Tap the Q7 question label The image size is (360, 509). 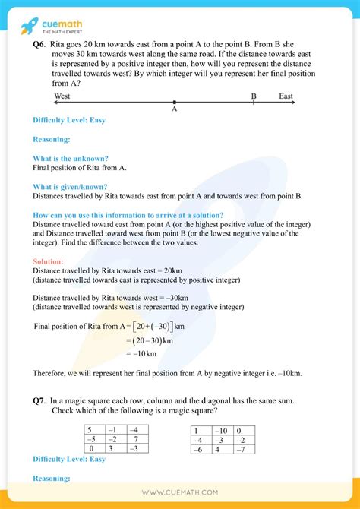click(x=40, y=400)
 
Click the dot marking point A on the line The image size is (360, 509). click(x=175, y=102)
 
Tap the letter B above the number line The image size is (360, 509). click(x=254, y=96)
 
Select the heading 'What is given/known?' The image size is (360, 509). click(x=70, y=187)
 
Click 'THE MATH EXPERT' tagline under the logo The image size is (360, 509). click(x=61, y=30)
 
